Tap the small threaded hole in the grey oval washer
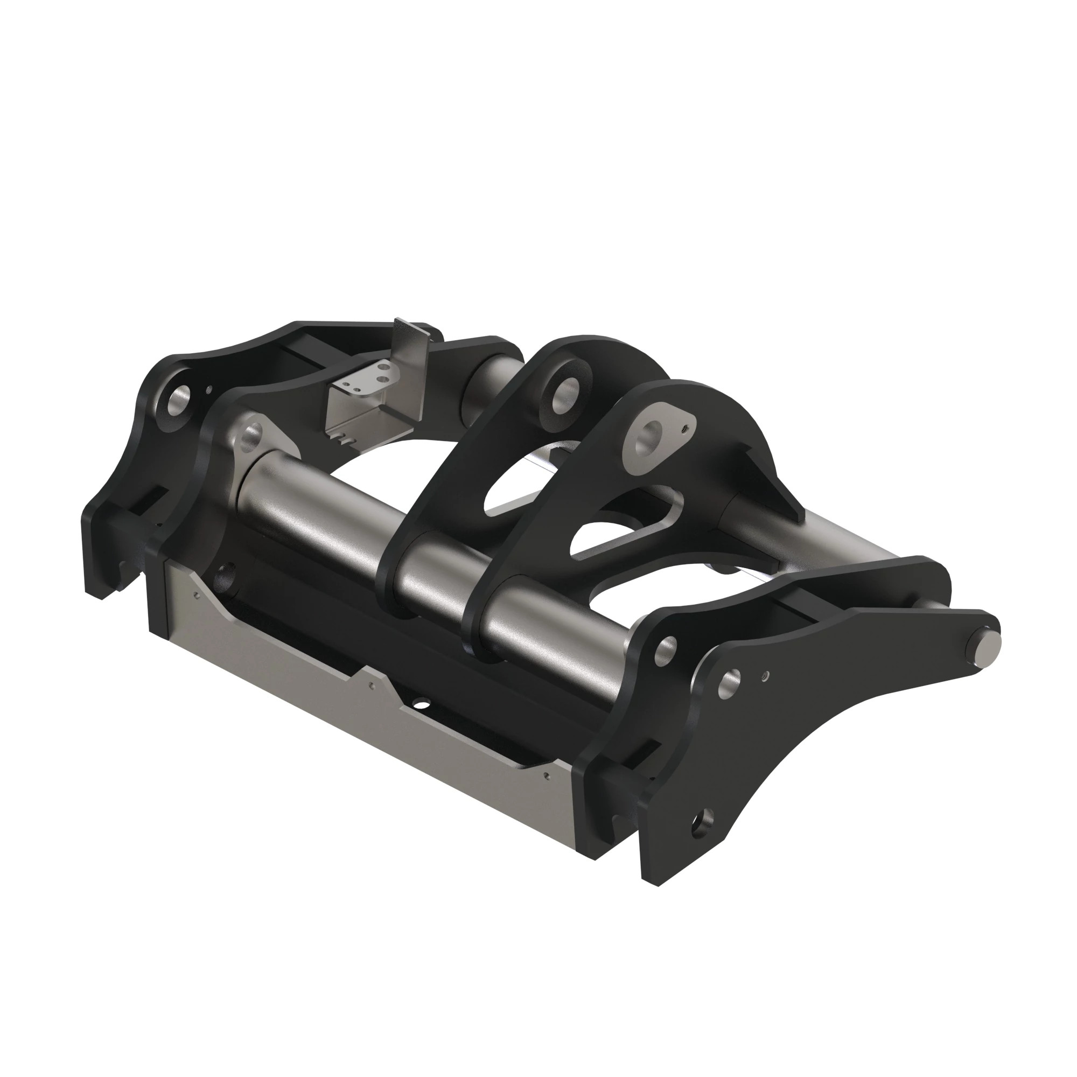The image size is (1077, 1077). pos(686,429)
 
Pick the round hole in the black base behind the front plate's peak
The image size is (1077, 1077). pos(422,704)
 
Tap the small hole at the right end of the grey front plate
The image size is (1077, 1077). pos(548,775)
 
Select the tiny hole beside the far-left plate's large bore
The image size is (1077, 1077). pos(208,390)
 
